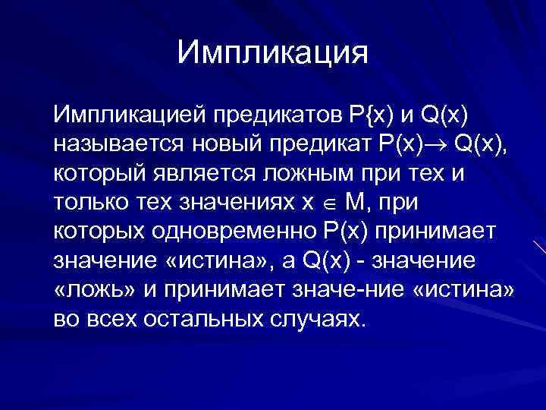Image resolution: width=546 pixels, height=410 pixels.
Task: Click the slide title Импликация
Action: click(x=272, y=53)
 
